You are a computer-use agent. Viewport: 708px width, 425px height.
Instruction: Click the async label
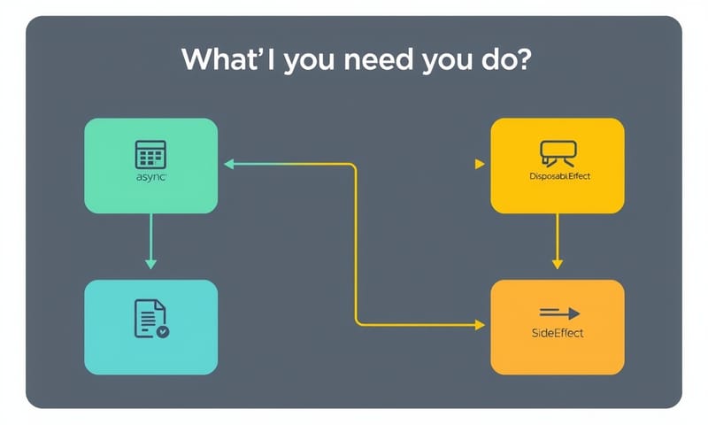(150, 178)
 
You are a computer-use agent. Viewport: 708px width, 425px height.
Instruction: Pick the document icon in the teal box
(150, 317)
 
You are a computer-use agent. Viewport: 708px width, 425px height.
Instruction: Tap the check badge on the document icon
(162, 331)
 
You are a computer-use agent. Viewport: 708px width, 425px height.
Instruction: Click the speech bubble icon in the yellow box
(558, 152)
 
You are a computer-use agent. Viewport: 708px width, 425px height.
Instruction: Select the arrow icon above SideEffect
(558, 313)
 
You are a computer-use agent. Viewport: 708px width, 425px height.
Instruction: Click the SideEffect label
(558, 334)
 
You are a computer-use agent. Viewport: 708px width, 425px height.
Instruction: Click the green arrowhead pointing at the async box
(227, 164)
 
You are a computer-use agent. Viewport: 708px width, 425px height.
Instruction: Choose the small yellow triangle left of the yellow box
(479, 164)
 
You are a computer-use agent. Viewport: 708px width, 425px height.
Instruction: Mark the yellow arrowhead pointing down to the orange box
(557, 263)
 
